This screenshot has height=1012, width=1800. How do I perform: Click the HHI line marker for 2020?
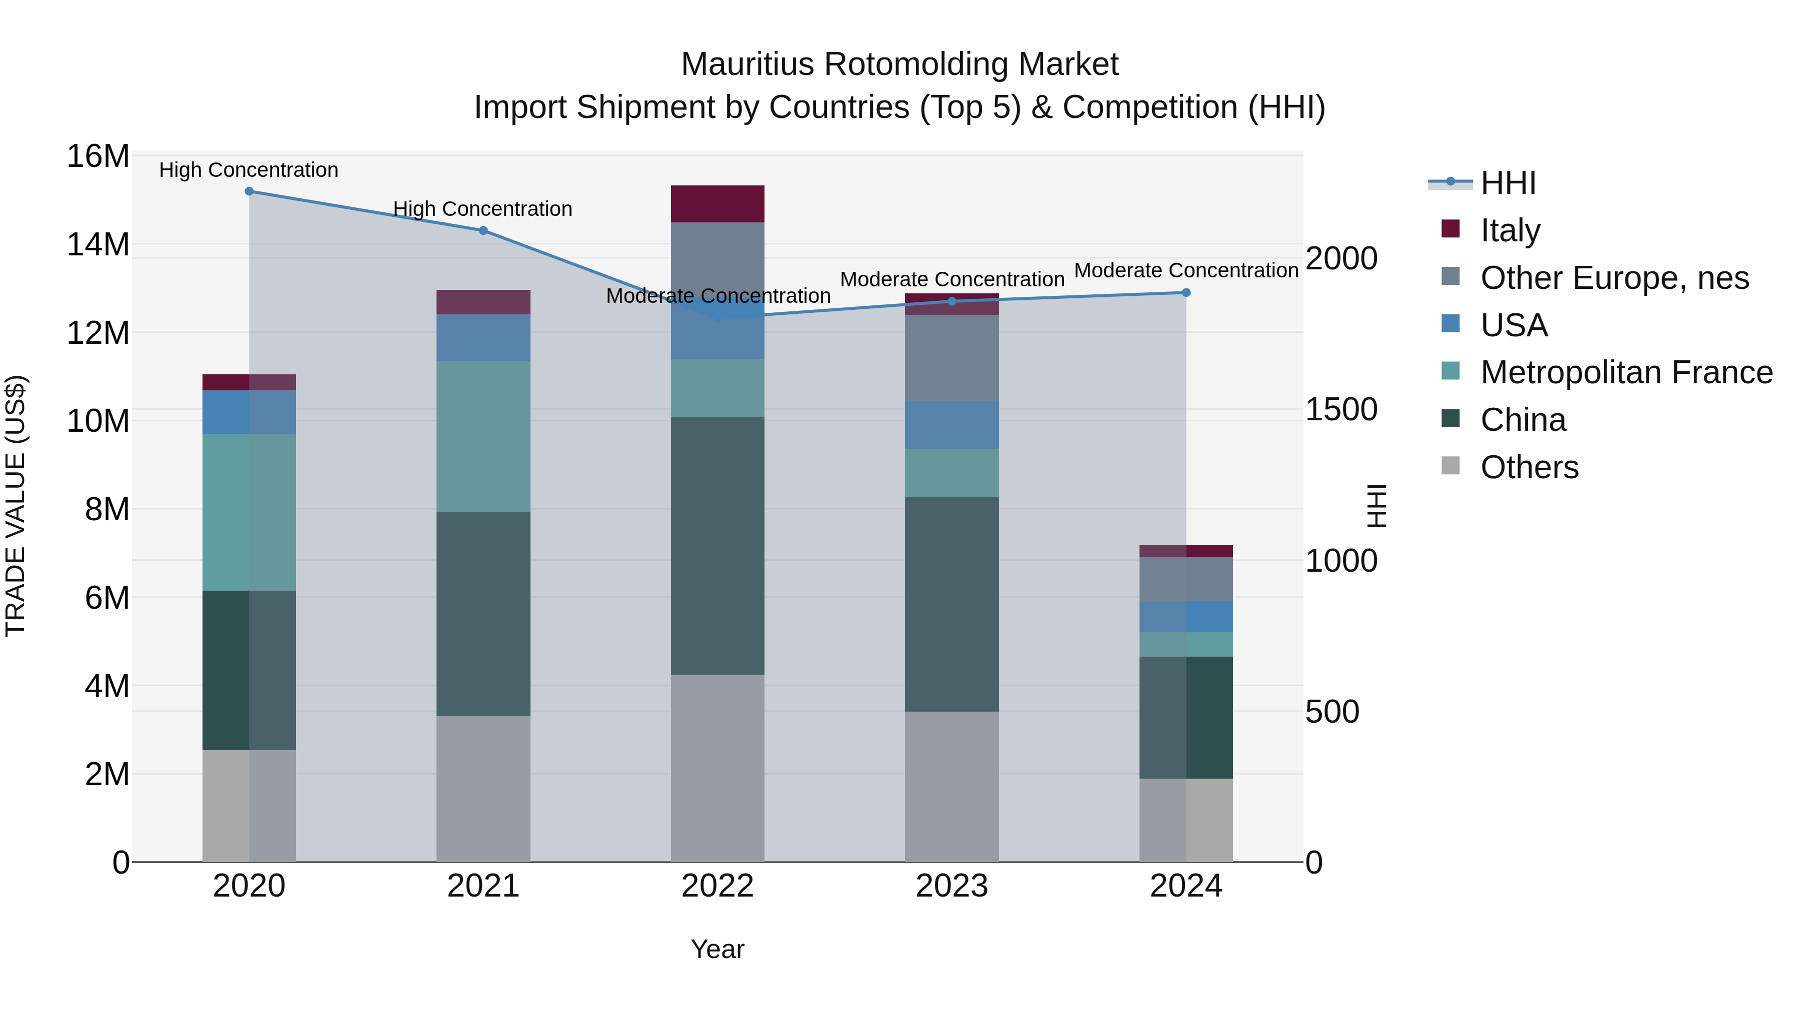tap(249, 191)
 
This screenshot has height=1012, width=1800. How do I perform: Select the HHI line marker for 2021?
tap(483, 230)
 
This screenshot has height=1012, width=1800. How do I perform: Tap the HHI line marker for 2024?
tap(1186, 293)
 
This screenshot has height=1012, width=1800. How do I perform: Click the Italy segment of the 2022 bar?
tap(717, 204)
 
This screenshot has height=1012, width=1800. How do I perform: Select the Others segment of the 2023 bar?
tap(951, 787)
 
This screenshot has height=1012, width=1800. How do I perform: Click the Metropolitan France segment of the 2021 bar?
tap(483, 436)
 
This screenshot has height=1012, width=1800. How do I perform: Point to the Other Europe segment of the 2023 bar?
tap(951, 358)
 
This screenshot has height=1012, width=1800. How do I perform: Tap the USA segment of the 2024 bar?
tap(1186, 617)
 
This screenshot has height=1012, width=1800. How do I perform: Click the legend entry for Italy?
tap(1510, 230)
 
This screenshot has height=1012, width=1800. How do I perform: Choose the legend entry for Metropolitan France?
tap(1626, 372)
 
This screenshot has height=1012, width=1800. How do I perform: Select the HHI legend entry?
tap(1508, 183)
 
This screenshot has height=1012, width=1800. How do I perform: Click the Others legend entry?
tap(1529, 467)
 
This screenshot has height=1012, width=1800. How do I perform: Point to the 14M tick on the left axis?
tap(98, 244)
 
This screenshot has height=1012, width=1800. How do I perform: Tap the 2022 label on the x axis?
tap(717, 886)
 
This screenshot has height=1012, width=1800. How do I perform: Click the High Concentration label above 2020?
tap(249, 170)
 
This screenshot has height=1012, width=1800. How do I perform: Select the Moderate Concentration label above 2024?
tap(1186, 270)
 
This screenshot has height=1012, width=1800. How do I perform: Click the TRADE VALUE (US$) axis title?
tap(15, 506)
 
